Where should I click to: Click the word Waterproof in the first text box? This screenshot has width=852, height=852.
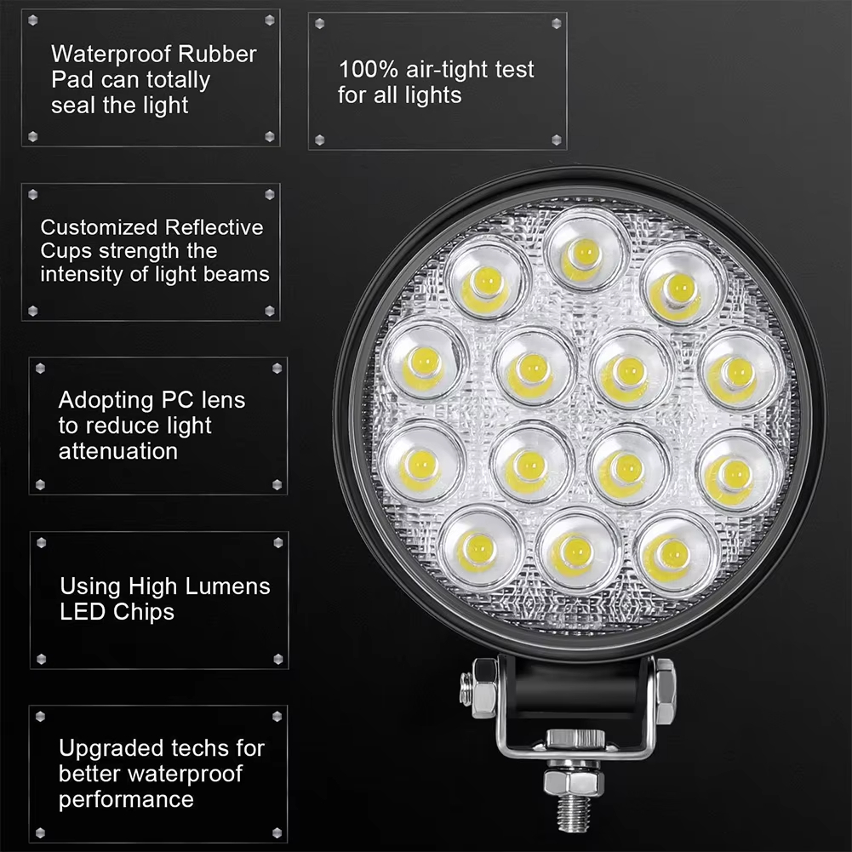(x=112, y=54)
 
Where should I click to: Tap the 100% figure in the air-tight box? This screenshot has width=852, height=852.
(x=369, y=70)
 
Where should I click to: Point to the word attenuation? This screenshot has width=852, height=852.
(x=118, y=452)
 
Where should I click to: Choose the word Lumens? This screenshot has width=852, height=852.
(x=227, y=586)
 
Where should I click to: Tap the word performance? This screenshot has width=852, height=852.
(x=126, y=800)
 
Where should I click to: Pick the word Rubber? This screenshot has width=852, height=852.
(x=217, y=54)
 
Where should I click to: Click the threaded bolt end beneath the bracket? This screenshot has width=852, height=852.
(x=573, y=816)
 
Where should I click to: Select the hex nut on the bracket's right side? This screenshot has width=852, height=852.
(x=665, y=691)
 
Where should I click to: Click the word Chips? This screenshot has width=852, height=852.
(x=144, y=613)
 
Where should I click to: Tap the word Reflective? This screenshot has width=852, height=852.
(x=214, y=227)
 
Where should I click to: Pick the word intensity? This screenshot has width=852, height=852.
(x=82, y=275)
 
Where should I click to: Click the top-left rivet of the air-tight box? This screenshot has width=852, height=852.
(x=319, y=23)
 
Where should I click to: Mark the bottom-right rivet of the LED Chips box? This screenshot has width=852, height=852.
(x=278, y=659)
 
